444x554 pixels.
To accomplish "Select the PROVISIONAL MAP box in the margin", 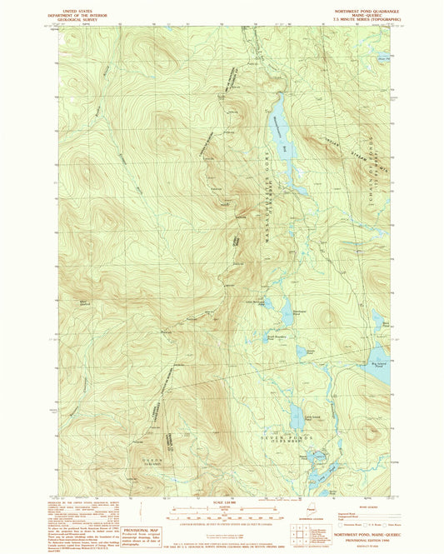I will click(139, 532).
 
